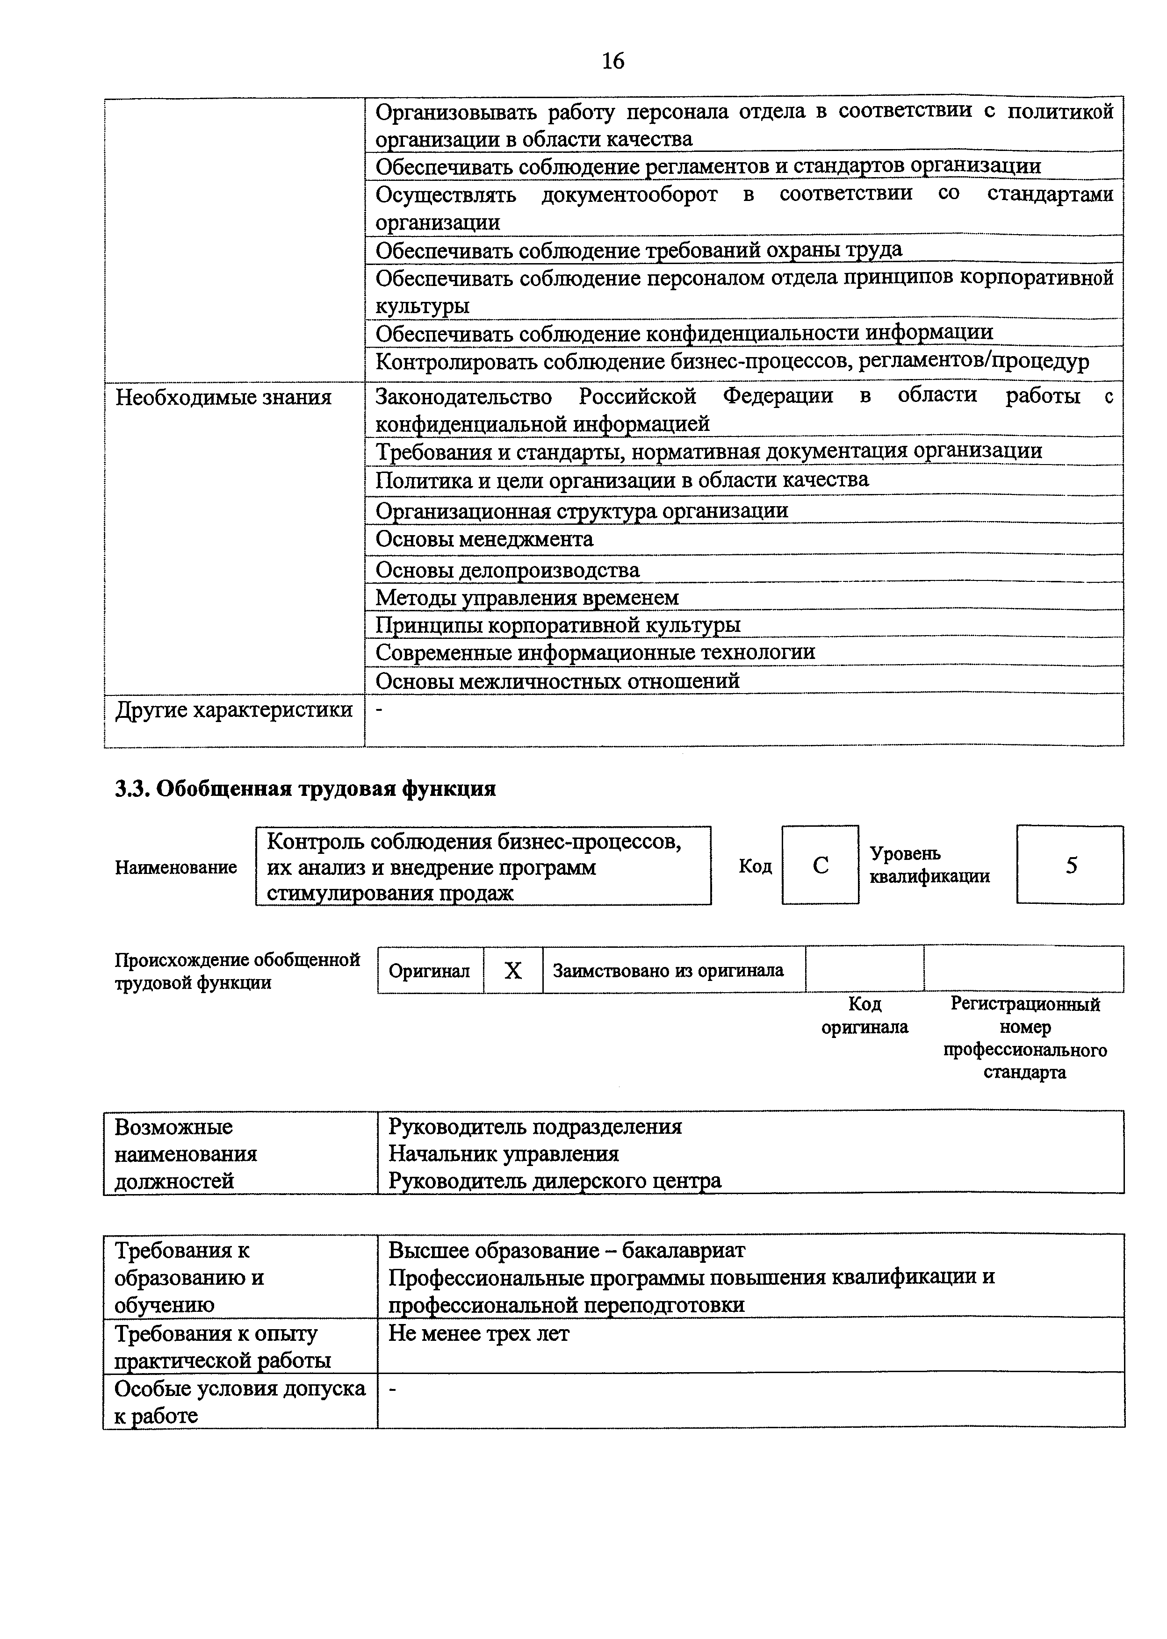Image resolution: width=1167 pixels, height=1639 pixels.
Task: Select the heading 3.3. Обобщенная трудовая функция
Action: point(305,788)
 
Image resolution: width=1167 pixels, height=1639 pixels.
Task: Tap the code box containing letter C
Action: point(820,865)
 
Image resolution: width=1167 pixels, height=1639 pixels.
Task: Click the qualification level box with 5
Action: point(1070,865)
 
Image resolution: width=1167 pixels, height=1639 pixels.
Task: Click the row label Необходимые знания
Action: point(223,397)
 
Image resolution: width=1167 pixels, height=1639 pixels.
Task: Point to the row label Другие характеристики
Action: point(234,709)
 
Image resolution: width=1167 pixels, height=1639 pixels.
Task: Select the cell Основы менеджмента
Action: point(484,539)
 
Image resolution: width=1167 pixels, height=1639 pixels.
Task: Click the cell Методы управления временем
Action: point(527,597)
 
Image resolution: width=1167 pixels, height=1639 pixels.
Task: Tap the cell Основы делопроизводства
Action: point(507,570)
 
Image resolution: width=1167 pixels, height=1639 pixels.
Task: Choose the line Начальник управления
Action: point(504,1153)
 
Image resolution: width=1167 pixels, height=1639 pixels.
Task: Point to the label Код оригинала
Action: point(864,1015)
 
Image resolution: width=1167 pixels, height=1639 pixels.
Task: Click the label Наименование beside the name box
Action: point(176,867)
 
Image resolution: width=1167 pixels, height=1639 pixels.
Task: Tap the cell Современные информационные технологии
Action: point(595,652)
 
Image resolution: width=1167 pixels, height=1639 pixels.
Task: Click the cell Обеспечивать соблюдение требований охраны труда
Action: point(638,250)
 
